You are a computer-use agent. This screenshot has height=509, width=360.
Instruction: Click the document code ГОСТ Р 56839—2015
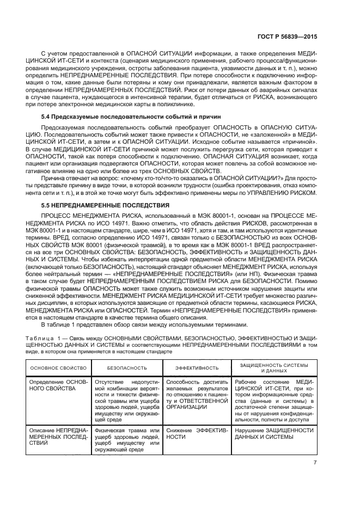click(x=294, y=36)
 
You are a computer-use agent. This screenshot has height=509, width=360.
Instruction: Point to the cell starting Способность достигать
click(x=196, y=394)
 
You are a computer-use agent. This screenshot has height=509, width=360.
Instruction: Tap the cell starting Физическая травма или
click(x=126, y=440)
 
